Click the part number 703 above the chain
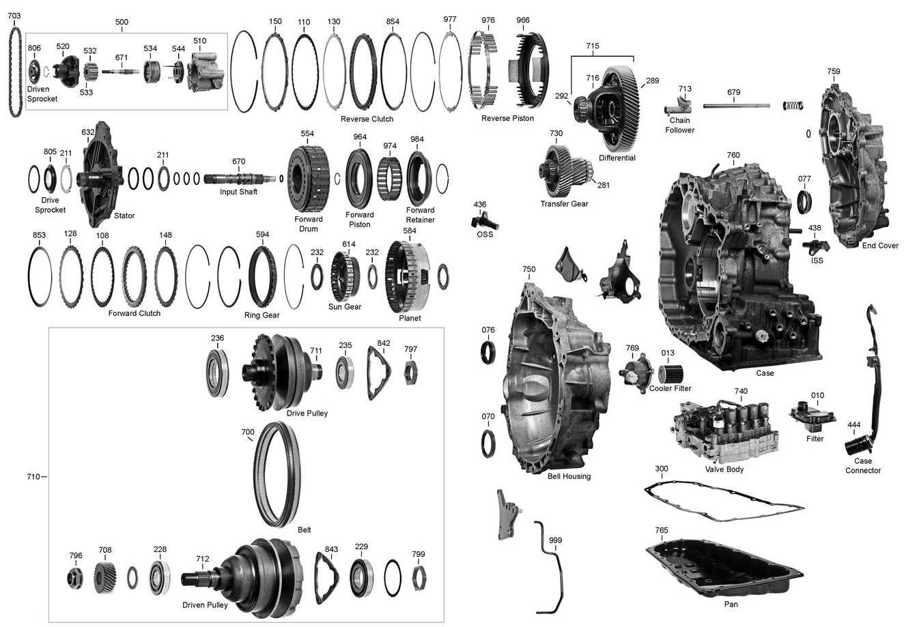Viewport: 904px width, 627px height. [x=14, y=16]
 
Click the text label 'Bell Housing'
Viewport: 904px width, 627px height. [x=569, y=476]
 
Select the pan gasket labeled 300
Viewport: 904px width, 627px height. [x=724, y=502]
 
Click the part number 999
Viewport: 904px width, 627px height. [x=555, y=540]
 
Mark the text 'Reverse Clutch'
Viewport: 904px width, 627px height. [x=367, y=119]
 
